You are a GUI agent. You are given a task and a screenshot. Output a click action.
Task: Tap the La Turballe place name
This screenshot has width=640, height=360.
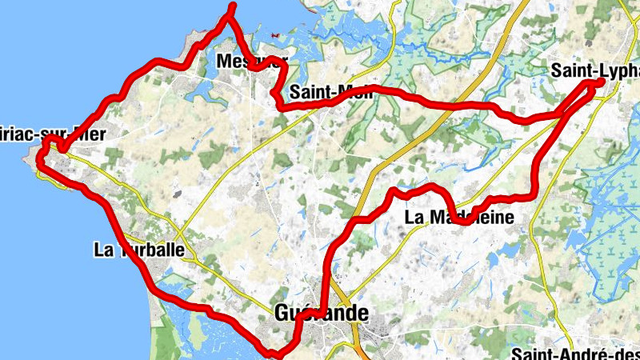pyautogui.click(x=139, y=250)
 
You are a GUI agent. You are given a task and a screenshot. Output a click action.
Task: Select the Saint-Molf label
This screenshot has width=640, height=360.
pyautogui.click(x=328, y=91)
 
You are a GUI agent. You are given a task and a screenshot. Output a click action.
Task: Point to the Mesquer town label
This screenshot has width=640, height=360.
pyautogui.click(x=251, y=60)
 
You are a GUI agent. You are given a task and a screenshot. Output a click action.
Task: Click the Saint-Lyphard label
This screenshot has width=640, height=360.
pyautogui.click(x=595, y=70)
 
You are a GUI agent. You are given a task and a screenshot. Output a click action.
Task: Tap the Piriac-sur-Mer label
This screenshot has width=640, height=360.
pyautogui.click(x=52, y=134)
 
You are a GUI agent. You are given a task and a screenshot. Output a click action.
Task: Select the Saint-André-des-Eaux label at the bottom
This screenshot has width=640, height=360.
pyautogui.click(x=576, y=354)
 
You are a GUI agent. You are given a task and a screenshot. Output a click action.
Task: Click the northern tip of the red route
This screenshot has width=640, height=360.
pyautogui.click(x=233, y=6)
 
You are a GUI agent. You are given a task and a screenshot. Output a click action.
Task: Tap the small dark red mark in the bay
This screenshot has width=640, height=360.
pyautogui.click(x=276, y=35)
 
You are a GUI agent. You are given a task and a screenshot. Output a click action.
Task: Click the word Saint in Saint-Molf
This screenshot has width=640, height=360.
pyautogui.click(x=308, y=91)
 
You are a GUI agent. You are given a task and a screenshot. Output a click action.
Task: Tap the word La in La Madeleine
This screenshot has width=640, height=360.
pyautogui.click(x=415, y=217)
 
